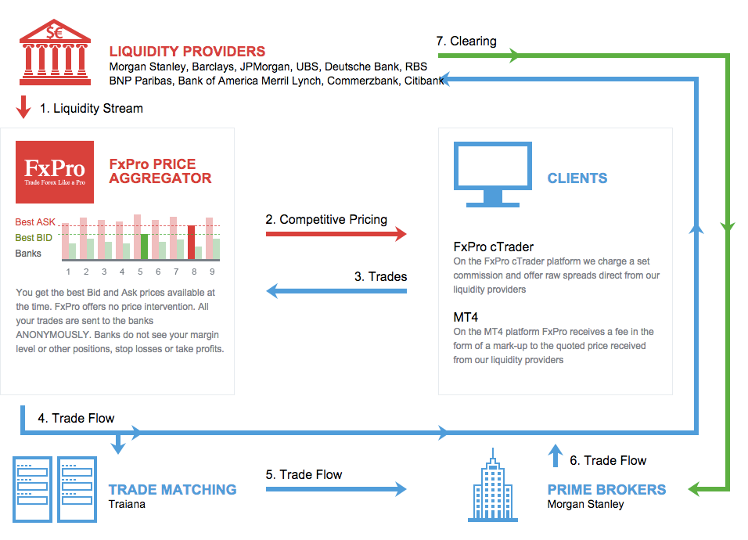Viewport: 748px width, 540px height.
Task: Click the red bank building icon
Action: pos(55,52)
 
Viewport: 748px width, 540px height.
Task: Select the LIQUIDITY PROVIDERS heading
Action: pos(187,51)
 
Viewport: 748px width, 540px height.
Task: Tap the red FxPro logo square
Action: pos(55,172)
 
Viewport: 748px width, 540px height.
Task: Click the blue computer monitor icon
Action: pos(493,174)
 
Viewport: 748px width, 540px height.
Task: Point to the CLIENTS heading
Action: pos(577,178)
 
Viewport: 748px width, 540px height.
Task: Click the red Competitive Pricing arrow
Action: pos(336,234)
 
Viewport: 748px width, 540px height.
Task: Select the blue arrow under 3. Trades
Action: pos(336,290)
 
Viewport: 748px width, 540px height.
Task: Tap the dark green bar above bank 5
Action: pos(144,247)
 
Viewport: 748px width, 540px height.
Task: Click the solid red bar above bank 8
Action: pos(191,243)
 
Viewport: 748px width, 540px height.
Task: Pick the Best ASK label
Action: pos(35,221)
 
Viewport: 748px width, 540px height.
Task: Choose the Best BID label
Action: pos(34,238)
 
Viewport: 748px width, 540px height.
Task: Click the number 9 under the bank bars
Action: pos(212,272)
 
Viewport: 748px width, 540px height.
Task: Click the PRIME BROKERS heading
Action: pos(606,489)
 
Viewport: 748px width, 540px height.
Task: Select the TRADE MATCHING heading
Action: pos(172,489)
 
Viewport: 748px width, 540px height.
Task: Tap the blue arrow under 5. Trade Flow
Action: pos(336,489)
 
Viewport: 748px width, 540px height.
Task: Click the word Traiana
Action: pos(127,504)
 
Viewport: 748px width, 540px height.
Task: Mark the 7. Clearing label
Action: pos(466,41)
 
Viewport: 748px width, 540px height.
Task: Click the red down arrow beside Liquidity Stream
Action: pos(23,107)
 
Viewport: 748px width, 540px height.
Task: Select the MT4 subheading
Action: pos(466,317)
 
